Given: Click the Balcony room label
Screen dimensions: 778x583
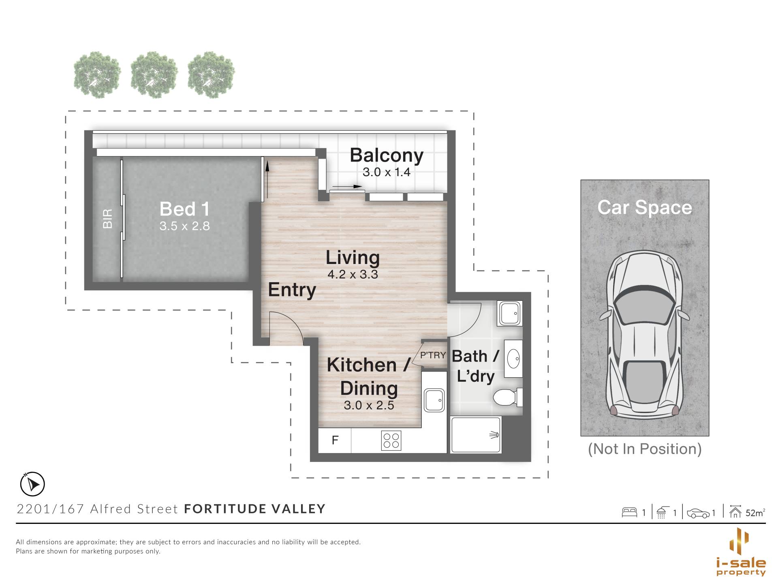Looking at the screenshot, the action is (387, 155).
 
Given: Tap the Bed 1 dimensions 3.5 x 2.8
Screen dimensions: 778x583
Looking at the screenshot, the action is (184, 226).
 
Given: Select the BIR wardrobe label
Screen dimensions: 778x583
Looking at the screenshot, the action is (107, 219).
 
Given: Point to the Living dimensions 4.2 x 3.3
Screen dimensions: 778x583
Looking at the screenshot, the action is (353, 274).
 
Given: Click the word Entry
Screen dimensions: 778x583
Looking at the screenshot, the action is (292, 290).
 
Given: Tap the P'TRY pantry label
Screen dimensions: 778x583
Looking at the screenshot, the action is (433, 355).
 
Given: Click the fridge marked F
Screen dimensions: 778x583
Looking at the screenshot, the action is (335, 440).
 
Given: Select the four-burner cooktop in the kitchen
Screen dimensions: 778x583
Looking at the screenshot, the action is (391, 440).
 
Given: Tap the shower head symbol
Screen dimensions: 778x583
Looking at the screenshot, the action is (494, 435).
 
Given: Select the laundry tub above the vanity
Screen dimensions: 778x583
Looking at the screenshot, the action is (510, 313).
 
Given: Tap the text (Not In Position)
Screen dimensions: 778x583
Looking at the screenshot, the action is (645, 449).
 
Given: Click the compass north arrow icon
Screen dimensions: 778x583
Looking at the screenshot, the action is (32, 484).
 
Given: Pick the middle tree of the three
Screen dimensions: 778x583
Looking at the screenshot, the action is (154, 75).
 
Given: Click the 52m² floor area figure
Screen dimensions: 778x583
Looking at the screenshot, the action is (755, 513).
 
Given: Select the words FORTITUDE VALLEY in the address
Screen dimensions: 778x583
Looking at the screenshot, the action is (255, 509).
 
